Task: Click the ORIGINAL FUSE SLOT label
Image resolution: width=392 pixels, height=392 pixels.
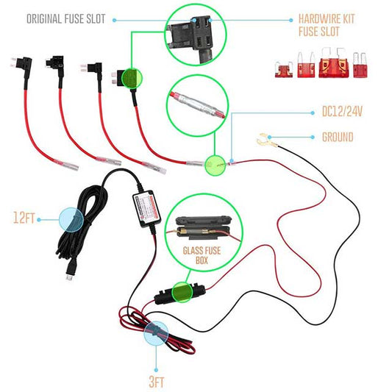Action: point(76,18)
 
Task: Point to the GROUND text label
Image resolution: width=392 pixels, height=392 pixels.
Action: point(338,136)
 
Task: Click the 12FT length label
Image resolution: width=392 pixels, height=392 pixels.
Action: point(24,218)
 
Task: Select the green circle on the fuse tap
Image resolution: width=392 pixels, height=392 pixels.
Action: point(131,78)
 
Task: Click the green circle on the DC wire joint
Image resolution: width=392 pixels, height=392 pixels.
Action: point(215,165)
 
